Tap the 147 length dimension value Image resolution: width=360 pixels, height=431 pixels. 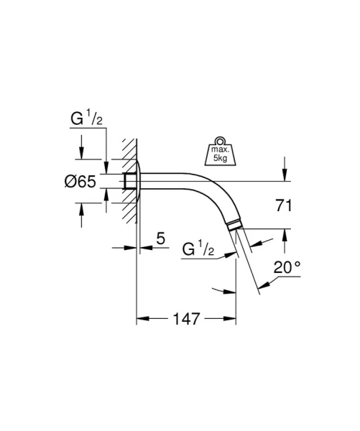tap(187, 317)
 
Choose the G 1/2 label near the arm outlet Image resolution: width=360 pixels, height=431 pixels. tap(198, 250)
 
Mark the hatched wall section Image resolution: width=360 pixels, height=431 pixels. tap(128, 180)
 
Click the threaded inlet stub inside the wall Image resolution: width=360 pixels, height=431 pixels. tap(130, 182)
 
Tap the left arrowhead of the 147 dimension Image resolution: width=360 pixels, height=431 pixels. tap(141, 317)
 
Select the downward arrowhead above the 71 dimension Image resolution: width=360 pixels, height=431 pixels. tap(285, 175)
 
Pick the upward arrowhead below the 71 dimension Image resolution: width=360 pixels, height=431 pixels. tap(285, 233)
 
